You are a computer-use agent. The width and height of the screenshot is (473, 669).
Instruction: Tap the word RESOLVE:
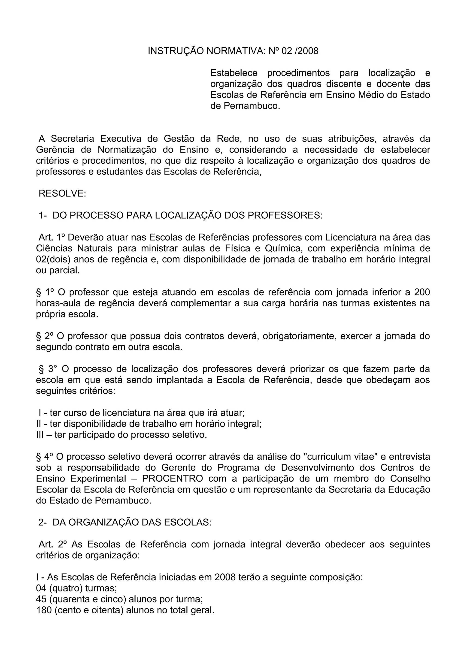click(x=62, y=193)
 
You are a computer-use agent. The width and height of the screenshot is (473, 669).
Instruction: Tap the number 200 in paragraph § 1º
click(x=422, y=292)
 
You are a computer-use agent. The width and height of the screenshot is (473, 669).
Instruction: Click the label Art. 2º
click(x=53, y=545)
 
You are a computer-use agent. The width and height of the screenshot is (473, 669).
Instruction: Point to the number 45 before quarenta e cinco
click(x=41, y=600)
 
